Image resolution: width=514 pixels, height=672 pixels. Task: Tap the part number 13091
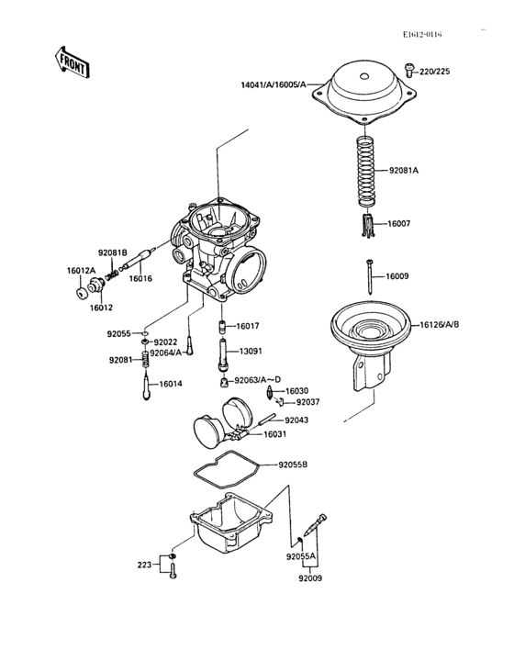[x=252, y=351]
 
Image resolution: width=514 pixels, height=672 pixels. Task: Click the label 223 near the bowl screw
[x=145, y=565]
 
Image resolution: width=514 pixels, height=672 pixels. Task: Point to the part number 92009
[x=311, y=578]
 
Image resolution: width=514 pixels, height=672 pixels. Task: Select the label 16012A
[x=81, y=271]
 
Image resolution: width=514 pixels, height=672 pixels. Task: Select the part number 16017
[x=248, y=326]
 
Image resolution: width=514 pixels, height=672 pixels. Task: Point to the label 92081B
[x=113, y=252]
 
